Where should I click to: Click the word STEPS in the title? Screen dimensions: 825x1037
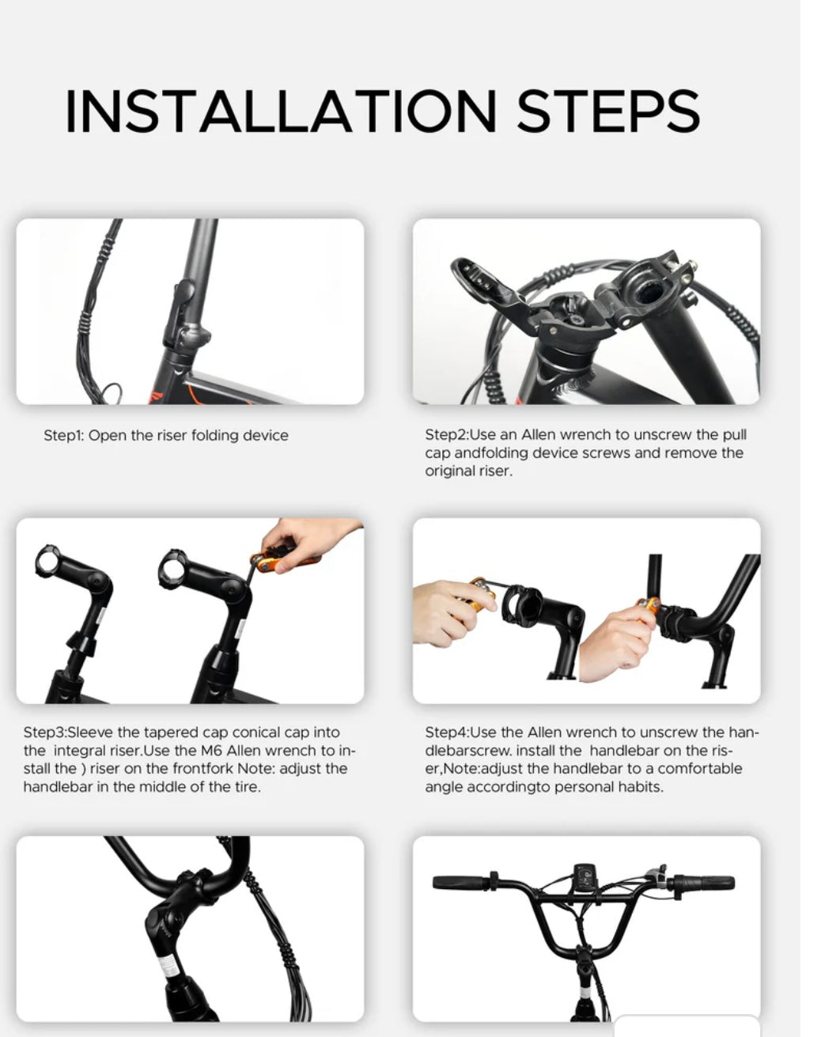(x=608, y=111)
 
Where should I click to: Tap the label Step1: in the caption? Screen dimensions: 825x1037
(x=63, y=436)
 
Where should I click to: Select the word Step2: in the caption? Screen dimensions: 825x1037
(x=446, y=434)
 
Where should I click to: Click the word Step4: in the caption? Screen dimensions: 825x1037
(x=446, y=732)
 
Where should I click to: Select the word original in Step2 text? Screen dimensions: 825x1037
(x=448, y=471)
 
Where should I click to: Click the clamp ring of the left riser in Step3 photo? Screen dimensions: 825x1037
(x=47, y=561)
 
